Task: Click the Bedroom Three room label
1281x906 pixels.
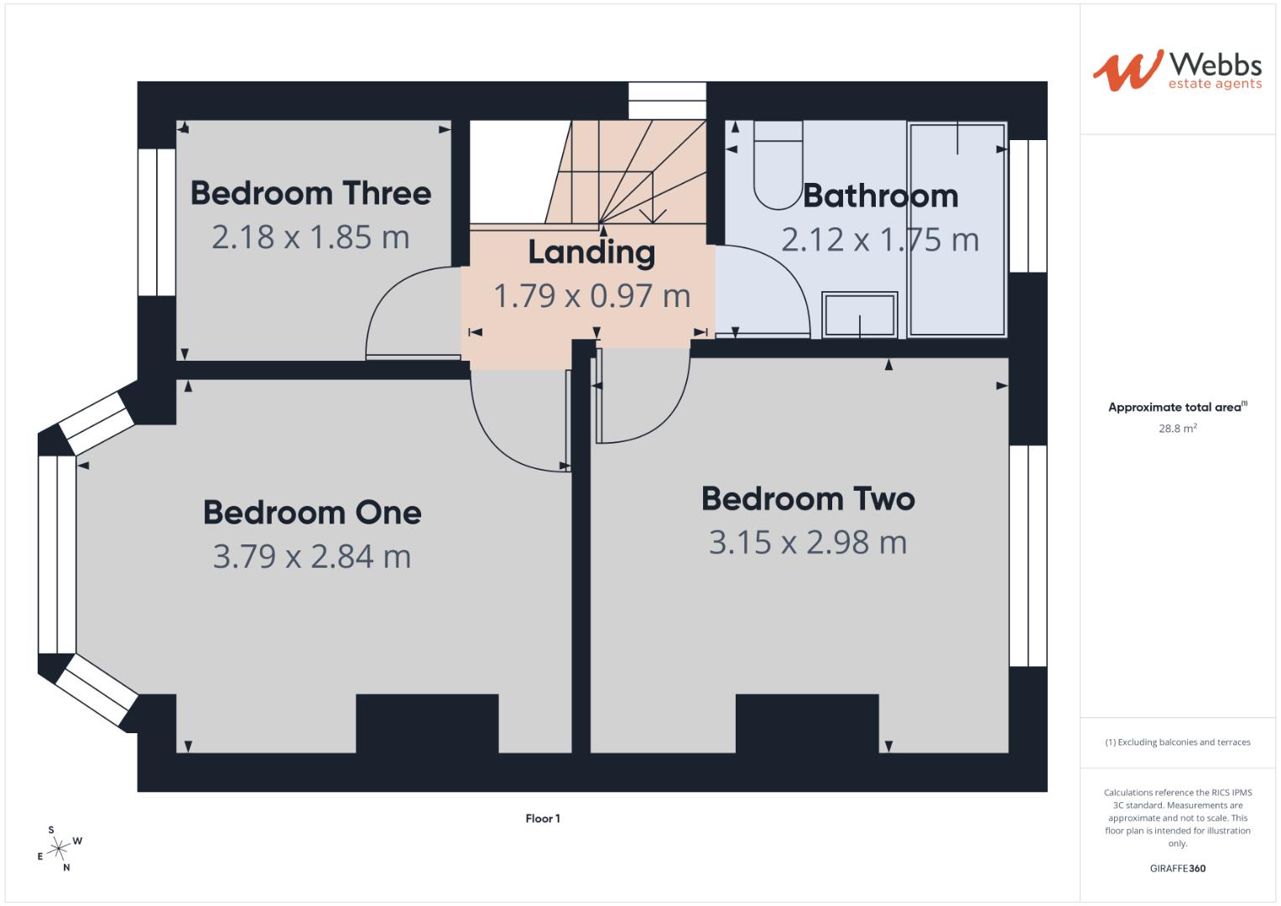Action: coord(310,194)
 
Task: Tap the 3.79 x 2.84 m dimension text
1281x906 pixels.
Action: coord(312,557)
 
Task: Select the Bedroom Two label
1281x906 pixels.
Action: coord(808,499)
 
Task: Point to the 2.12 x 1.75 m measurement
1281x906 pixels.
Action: coord(880,241)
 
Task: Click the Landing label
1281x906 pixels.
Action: coord(591,252)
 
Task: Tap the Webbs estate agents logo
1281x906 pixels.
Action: coord(1176,70)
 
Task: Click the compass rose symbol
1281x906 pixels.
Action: coord(58,849)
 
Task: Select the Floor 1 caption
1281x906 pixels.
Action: coord(543,819)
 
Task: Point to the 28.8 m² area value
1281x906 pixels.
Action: coord(1177,429)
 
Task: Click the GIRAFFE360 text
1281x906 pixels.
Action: coord(1177,868)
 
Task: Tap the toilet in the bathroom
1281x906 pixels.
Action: coord(778,164)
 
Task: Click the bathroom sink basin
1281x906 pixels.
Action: coord(859,315)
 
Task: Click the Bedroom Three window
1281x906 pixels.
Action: coord(157,222)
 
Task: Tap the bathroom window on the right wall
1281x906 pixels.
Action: coord(1028,206)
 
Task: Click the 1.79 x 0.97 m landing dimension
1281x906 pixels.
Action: coord(591,296)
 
